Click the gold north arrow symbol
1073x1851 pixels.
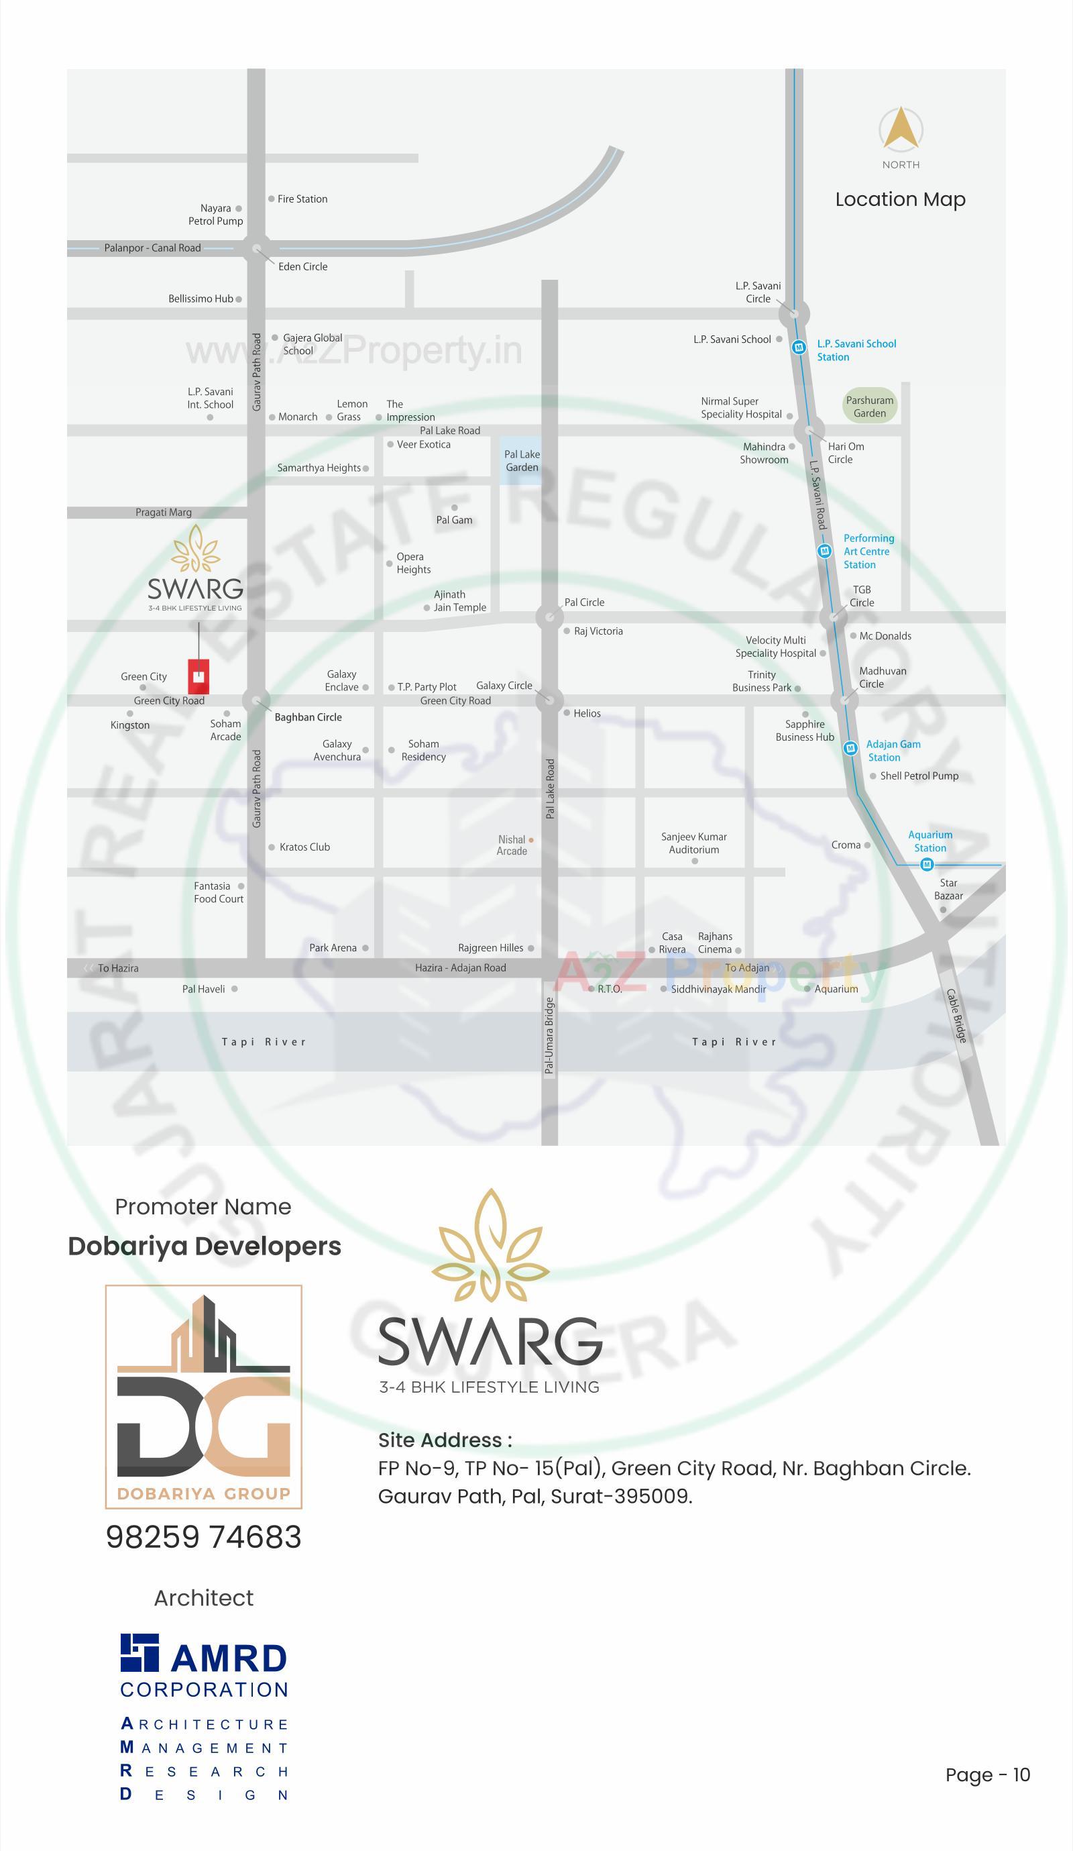901,129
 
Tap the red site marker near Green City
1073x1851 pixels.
199,676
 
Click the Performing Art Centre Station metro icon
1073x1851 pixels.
824,551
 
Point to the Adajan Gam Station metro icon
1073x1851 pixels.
850,749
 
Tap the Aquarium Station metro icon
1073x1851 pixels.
927,865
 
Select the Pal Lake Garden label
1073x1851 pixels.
522,460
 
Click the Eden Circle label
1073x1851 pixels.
302,266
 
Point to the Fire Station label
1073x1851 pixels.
302,199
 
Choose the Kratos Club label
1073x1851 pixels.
304,847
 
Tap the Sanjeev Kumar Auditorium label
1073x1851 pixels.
693,843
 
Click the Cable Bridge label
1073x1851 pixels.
957,1016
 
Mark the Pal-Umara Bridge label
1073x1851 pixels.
549,1036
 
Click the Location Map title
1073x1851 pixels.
900,199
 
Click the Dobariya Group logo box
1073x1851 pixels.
203,1396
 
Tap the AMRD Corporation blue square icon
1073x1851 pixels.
139,1652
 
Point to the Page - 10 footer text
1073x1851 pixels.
987,1775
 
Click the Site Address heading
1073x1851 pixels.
445,1440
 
